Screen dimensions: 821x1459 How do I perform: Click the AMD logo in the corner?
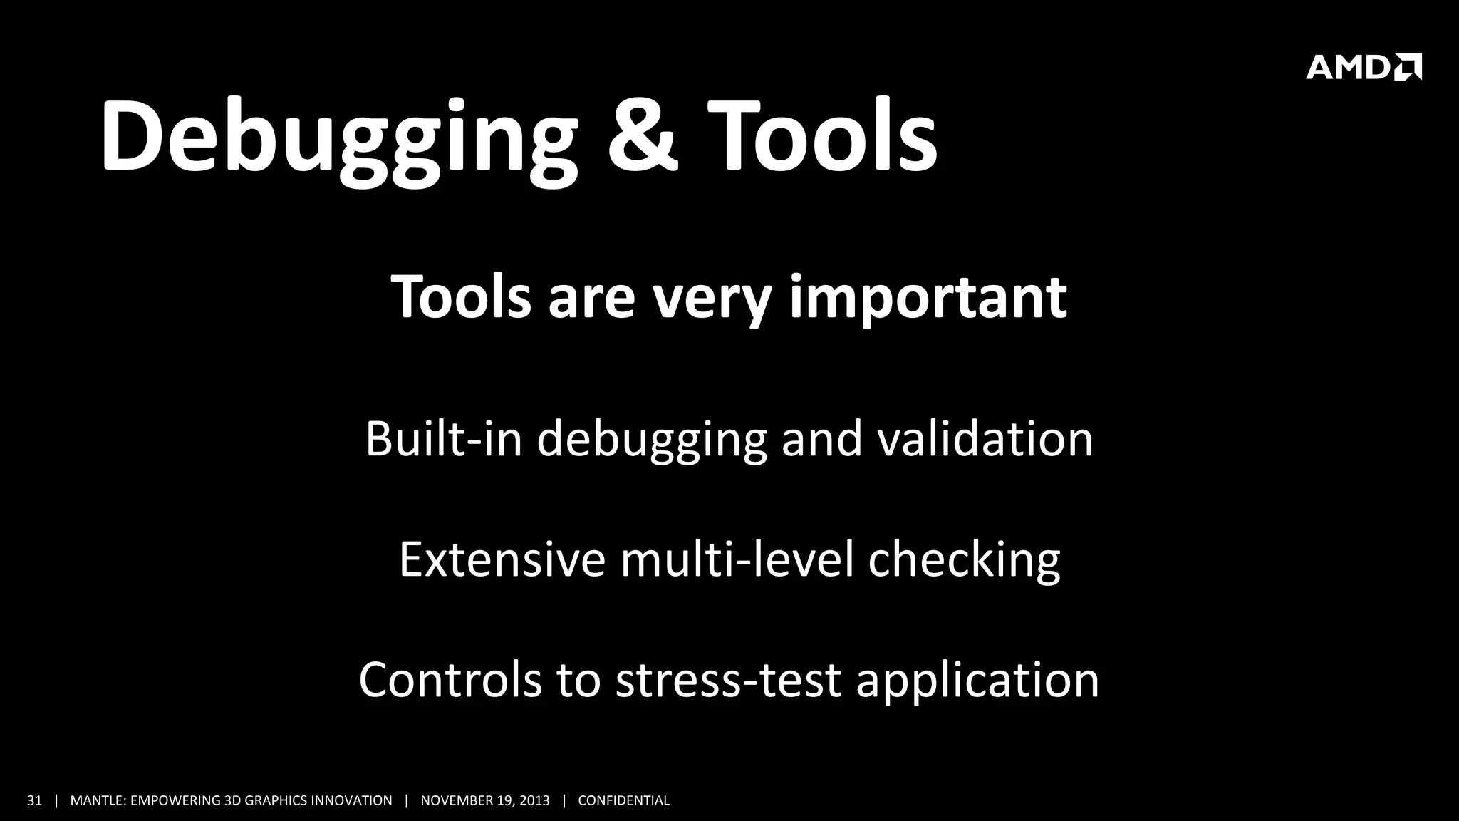(1363, 67)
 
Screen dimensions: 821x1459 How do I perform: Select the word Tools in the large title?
(822, 135)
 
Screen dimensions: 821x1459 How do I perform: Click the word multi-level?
(737, 559)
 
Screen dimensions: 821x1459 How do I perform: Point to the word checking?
(964, 559)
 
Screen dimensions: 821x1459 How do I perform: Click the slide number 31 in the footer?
(34, 800)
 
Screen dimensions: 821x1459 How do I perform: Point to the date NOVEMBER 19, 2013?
(485, 800)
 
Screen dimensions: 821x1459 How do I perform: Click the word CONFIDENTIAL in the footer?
(623, 800)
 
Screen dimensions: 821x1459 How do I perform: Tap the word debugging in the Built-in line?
(651, 439)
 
